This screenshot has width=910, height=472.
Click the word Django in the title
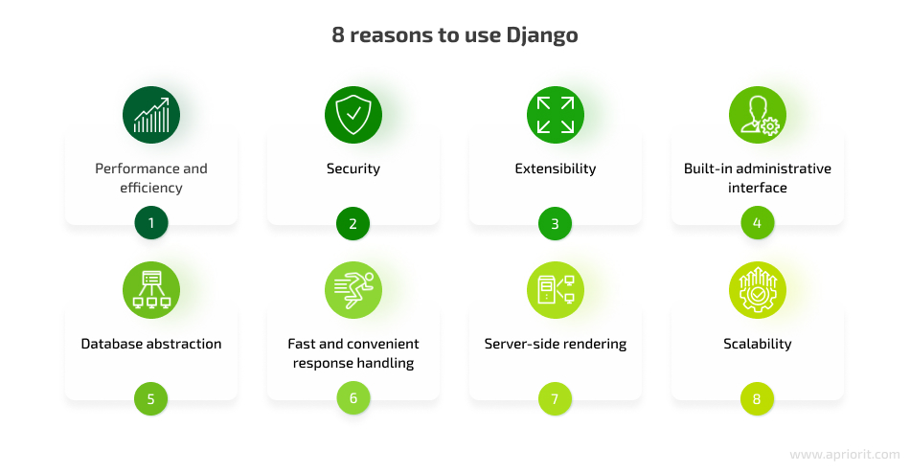point(541,36)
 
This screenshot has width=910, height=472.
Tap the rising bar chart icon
point(151,115)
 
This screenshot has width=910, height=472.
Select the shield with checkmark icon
point(353,115)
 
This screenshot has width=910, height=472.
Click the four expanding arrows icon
point(556,115)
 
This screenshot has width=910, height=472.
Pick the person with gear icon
point(758,115)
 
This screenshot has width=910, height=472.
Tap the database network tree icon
point(151,290)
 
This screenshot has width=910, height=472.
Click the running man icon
point(353,290)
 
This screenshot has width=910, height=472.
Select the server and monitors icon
point(556,290)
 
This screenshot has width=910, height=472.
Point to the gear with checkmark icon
point(758,290)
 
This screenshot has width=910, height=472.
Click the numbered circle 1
point(151,223)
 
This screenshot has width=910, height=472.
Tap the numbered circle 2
point(353,223)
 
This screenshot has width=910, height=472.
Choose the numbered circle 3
point(555,223)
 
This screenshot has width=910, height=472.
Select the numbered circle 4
point(758,223)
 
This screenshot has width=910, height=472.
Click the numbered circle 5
point(151,398)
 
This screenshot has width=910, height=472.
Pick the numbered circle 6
point(353,397)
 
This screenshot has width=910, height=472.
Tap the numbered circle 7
point(555,398)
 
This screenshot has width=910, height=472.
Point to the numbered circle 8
point(757,398)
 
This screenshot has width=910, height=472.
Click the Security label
point(353,169)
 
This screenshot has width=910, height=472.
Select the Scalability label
point(758,344)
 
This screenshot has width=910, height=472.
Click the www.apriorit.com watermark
point(845,455)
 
